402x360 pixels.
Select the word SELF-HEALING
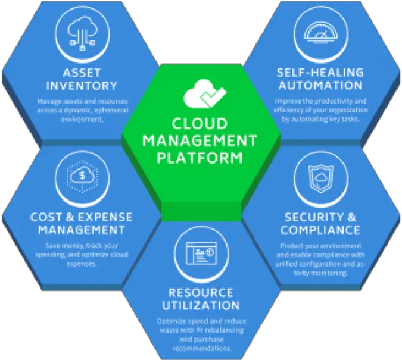pos(320,73)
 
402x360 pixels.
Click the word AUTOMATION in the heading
pos(320,86)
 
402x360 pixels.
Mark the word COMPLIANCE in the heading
pos(320,230)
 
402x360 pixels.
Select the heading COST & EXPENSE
pos(81,217)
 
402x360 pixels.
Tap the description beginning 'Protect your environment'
pos(320,259)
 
